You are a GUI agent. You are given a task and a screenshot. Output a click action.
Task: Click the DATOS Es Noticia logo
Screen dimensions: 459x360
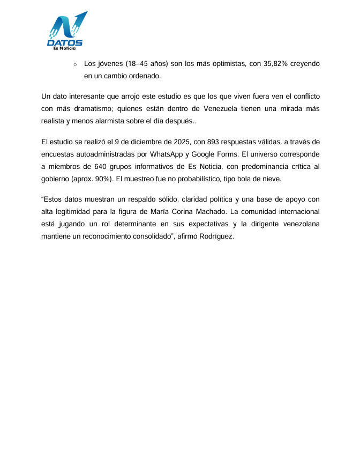pos(65,31)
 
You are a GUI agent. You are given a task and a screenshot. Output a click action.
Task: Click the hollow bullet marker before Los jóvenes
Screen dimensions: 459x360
pos(74,64)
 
